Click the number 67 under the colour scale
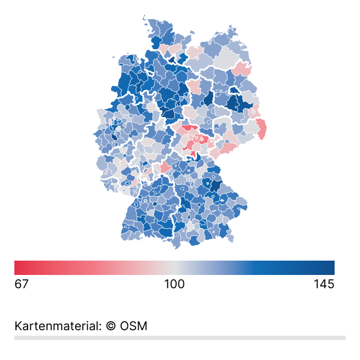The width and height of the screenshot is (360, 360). tap(22, 284)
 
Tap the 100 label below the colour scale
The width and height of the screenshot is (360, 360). tap(174, 284)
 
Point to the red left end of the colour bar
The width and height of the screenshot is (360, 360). tap(18, 267)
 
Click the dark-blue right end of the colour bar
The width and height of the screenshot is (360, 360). tap(331, 267)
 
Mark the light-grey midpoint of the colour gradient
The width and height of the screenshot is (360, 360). tap(174, 267)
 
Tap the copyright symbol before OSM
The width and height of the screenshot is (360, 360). tap(110, 326)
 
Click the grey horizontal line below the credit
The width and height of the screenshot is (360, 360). tap(180, 337)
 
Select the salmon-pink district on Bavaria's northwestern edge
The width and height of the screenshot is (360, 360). tap(165, 166)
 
